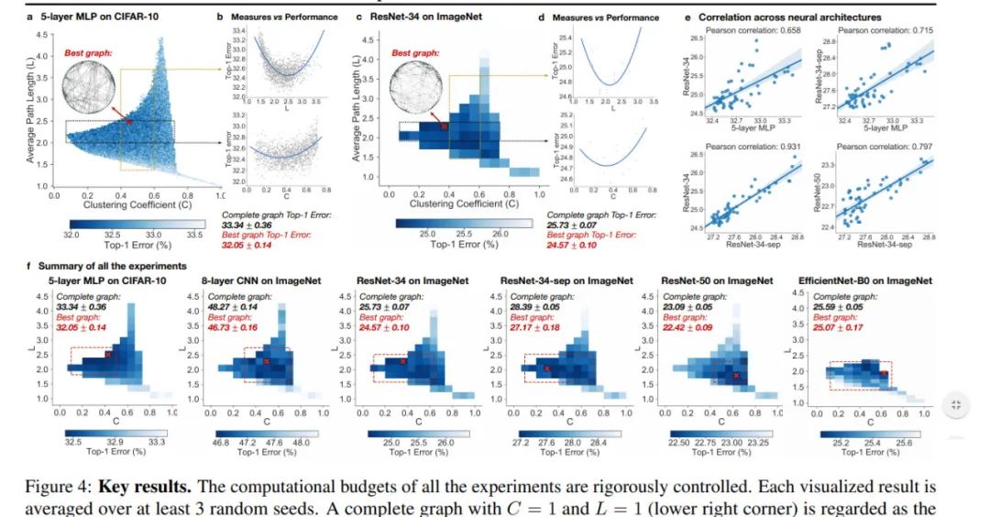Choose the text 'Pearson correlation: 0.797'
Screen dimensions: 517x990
tap(878, 147)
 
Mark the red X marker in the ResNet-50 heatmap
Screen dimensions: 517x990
tap(736, 375)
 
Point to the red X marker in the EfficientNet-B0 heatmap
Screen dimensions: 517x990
tap(884, 373)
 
